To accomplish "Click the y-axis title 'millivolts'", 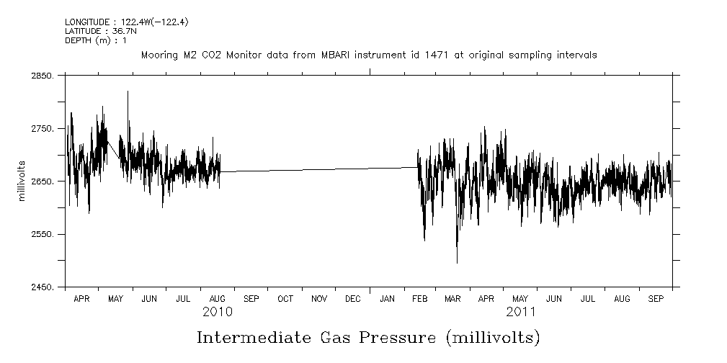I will tap(22, 181).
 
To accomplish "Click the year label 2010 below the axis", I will tap(217, 312).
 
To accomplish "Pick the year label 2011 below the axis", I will tap(520, 312).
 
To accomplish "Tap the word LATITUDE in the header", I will tap(85, 32).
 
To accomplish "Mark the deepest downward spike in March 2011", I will tap(457, 262).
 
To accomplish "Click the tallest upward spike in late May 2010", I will tap(128, 92).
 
